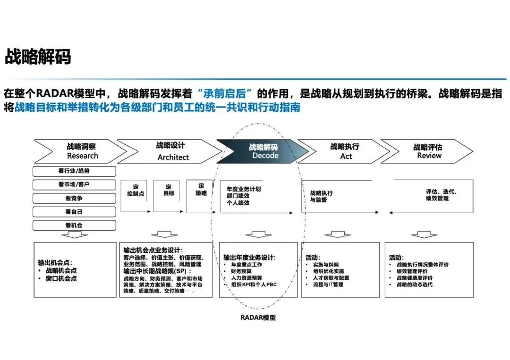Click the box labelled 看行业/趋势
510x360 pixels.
[x=74, y=171]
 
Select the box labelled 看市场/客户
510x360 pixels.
[x=74, y=184]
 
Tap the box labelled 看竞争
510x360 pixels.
[x=74, y=198]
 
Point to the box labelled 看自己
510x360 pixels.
[x=74, y=212]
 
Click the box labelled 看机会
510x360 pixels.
[x=74, y=226]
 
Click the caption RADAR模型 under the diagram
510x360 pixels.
[x=258, y=318]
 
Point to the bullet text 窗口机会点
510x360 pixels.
[x=61, y=278]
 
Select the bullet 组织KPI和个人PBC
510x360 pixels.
[x=254, y=285]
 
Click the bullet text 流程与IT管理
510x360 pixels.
[x=328, y=285]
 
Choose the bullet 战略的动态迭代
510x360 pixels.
[x=415, y=285]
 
